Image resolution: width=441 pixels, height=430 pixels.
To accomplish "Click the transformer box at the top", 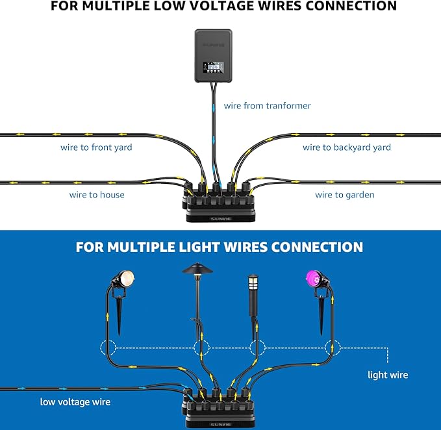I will pos(213,55).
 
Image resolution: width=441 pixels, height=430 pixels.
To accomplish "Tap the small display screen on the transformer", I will pos(213,67).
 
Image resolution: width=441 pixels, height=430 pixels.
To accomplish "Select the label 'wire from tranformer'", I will pos(267,105).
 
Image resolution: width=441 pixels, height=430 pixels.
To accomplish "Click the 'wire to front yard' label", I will pos(96,147).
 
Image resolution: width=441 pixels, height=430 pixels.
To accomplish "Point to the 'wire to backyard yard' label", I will pos(346,147).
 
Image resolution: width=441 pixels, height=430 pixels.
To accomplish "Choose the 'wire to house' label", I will pos(97,194).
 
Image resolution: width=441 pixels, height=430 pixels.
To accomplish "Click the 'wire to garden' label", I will pos(344,194).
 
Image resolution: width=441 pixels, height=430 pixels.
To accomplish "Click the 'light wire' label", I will pos(387,374).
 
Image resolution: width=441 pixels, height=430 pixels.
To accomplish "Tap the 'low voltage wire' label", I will pos(75,401).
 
